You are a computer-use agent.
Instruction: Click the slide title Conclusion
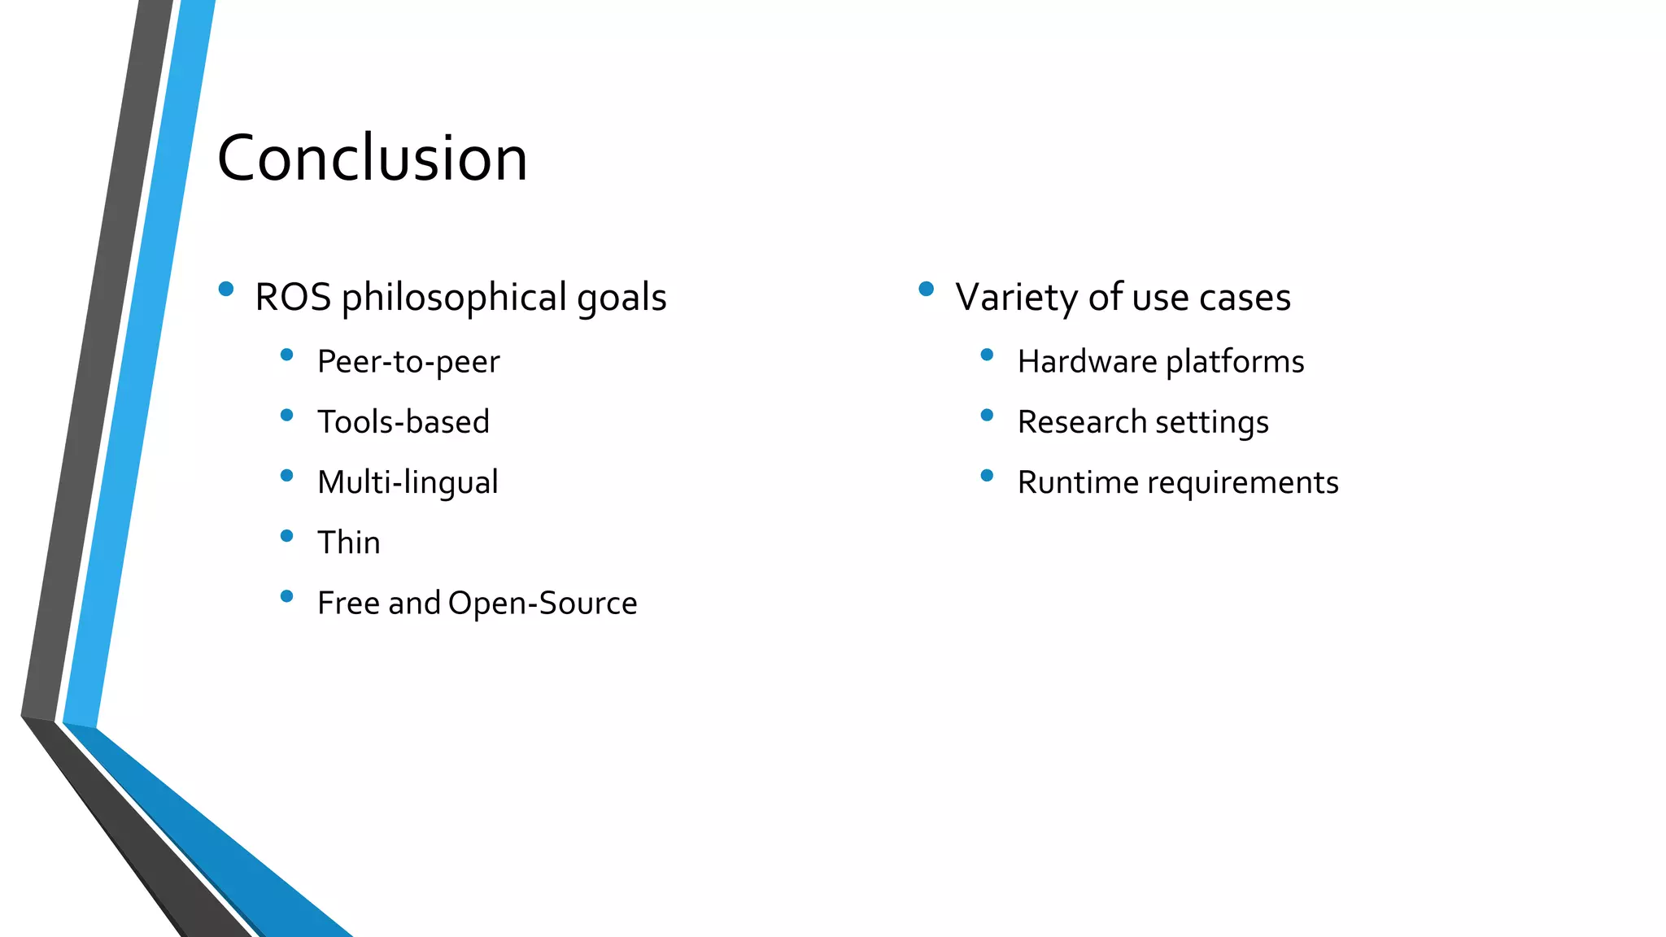point(372,158)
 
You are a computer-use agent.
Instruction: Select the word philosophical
point(454,298)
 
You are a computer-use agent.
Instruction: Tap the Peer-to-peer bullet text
point(408,362)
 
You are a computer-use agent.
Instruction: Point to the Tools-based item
point(403,422)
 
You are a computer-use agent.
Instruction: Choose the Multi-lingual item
point(408,482)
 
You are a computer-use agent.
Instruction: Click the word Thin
point(349,543)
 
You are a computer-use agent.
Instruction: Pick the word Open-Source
point(543,604)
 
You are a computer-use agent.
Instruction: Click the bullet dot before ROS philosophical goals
point(226,289)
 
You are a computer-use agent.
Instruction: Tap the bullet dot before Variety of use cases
point(926,289)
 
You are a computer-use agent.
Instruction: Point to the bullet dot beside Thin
point(286,536)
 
